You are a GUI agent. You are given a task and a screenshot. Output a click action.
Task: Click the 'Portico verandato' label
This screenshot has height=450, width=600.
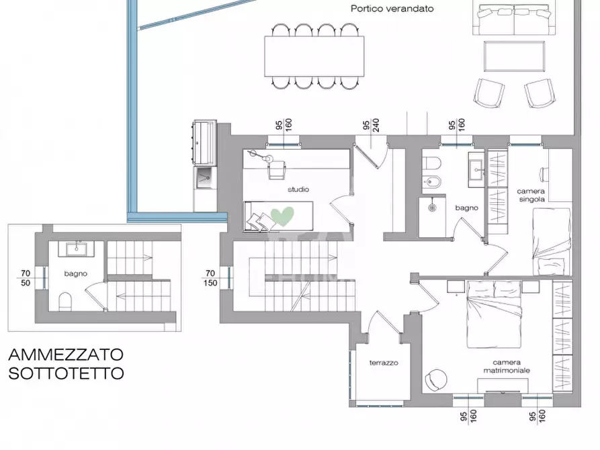[392, 9]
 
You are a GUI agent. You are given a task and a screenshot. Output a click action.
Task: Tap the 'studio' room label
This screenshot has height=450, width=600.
[298, 190]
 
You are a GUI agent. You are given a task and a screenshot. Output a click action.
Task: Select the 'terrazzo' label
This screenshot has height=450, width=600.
[384, 363]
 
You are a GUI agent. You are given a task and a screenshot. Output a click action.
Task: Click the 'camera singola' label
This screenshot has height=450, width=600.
[531, 195]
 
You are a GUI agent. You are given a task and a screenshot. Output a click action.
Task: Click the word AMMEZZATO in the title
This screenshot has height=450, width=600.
[66, 354]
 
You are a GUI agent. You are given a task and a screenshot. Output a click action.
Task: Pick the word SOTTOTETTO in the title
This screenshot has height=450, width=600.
[66, 373]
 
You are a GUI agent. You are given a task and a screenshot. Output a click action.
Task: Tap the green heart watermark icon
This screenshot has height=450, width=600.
[282, 217]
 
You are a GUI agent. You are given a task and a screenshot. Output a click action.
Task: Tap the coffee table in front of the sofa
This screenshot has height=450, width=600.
[513, 58]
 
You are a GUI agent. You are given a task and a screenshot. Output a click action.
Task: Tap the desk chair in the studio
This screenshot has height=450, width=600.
[277, 171]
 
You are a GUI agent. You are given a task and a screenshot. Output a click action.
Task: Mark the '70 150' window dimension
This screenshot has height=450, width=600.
[210, 277]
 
